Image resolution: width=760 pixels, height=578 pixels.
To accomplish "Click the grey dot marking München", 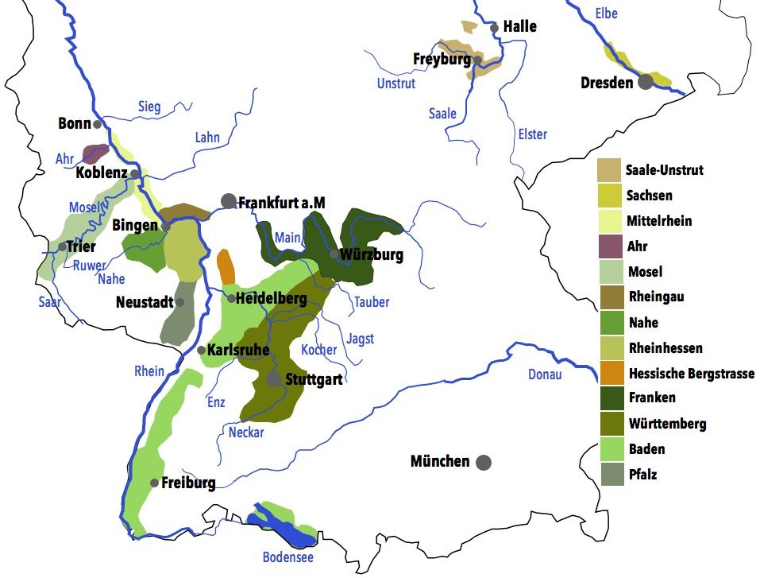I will coord(483,462).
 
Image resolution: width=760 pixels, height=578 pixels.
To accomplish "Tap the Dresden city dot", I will coord(646,81).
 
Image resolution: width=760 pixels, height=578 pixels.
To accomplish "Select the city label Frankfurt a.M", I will coord(282,203).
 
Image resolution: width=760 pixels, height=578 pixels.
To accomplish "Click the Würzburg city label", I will coord(371,255).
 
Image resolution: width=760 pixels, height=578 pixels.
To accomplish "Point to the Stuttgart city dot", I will coord(274,379).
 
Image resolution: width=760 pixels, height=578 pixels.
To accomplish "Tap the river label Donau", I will coord(545,374).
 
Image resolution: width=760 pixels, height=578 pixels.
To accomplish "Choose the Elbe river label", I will coord(605,14).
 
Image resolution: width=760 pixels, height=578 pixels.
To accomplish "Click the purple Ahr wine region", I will coord(95,153).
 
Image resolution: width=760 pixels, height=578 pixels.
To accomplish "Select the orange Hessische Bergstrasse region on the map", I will coord(226,266).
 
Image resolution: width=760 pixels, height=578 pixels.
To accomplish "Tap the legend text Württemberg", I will coord(665,424).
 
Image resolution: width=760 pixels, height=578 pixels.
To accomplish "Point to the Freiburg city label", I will coord(188,483).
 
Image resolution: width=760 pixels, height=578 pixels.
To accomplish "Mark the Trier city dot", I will coord(62,246).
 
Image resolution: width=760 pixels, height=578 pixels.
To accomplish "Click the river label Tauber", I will coord(371,302).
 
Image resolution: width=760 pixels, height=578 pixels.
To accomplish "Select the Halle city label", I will coord(520,27).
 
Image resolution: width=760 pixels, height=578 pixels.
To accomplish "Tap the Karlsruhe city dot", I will coord(201,350).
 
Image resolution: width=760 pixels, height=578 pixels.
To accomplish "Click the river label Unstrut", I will coord(396,83).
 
